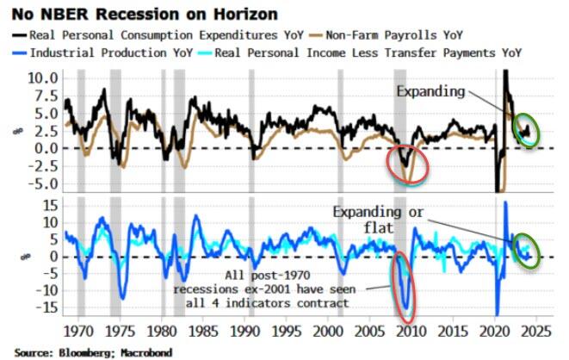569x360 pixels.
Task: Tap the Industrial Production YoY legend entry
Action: tap(103, 53)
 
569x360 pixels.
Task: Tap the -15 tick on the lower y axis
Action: tap(48, 308)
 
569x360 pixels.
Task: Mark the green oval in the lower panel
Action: tap(525, 251)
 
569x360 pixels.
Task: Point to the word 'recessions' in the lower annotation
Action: tap(203, 290)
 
